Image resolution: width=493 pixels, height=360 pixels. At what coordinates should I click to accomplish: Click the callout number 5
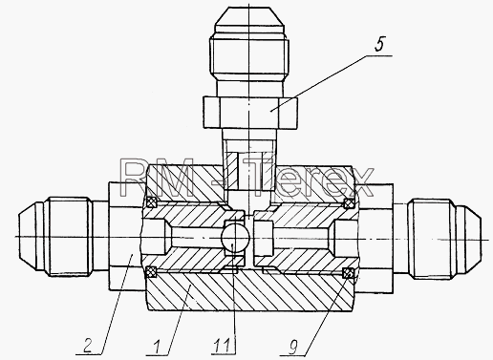(379, 44)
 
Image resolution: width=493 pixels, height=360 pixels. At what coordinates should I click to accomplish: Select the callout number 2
(88, 346)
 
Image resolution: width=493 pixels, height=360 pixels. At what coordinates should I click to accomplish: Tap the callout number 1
(157, 347)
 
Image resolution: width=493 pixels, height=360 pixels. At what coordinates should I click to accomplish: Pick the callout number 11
(223, 347)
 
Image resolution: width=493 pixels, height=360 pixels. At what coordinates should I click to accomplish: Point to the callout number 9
(293, 347)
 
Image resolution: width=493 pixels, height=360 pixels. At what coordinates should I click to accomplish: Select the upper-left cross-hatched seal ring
(151, 202)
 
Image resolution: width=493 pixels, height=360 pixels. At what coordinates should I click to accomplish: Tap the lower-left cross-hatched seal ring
(150, 272)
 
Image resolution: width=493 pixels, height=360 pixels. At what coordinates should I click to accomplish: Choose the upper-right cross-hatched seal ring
(350, 202)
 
